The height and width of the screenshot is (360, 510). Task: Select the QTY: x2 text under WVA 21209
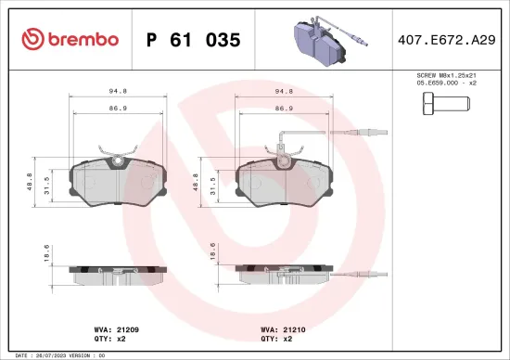pos(111,339)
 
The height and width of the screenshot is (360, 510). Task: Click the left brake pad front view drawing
pos(117,183)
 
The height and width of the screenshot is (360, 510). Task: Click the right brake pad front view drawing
pos(283,183)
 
